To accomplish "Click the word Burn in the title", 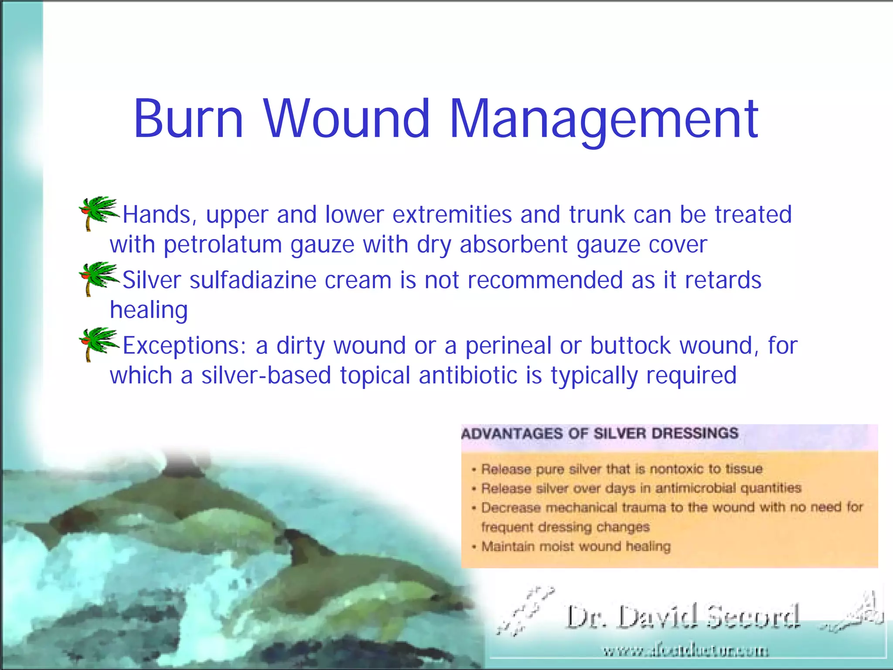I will point(188,119).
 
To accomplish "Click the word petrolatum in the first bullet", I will point(223,244).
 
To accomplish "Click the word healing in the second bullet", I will point(149,310).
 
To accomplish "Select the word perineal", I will point(508,345).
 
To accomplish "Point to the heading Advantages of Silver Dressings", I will point(600,434).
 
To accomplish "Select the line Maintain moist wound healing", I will point(576,547).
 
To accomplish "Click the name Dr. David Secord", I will point(682,617).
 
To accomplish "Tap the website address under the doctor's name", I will point(685,651).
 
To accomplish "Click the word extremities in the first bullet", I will point(452,215).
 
